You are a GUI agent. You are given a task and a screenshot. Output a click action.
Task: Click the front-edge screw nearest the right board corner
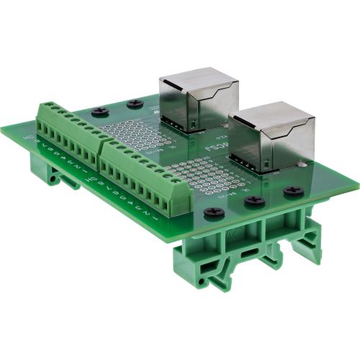coord(292,192)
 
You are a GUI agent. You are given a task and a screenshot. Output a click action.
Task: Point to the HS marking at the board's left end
coord(29,135)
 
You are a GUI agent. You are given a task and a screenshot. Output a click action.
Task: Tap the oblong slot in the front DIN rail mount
coord(247,255)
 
